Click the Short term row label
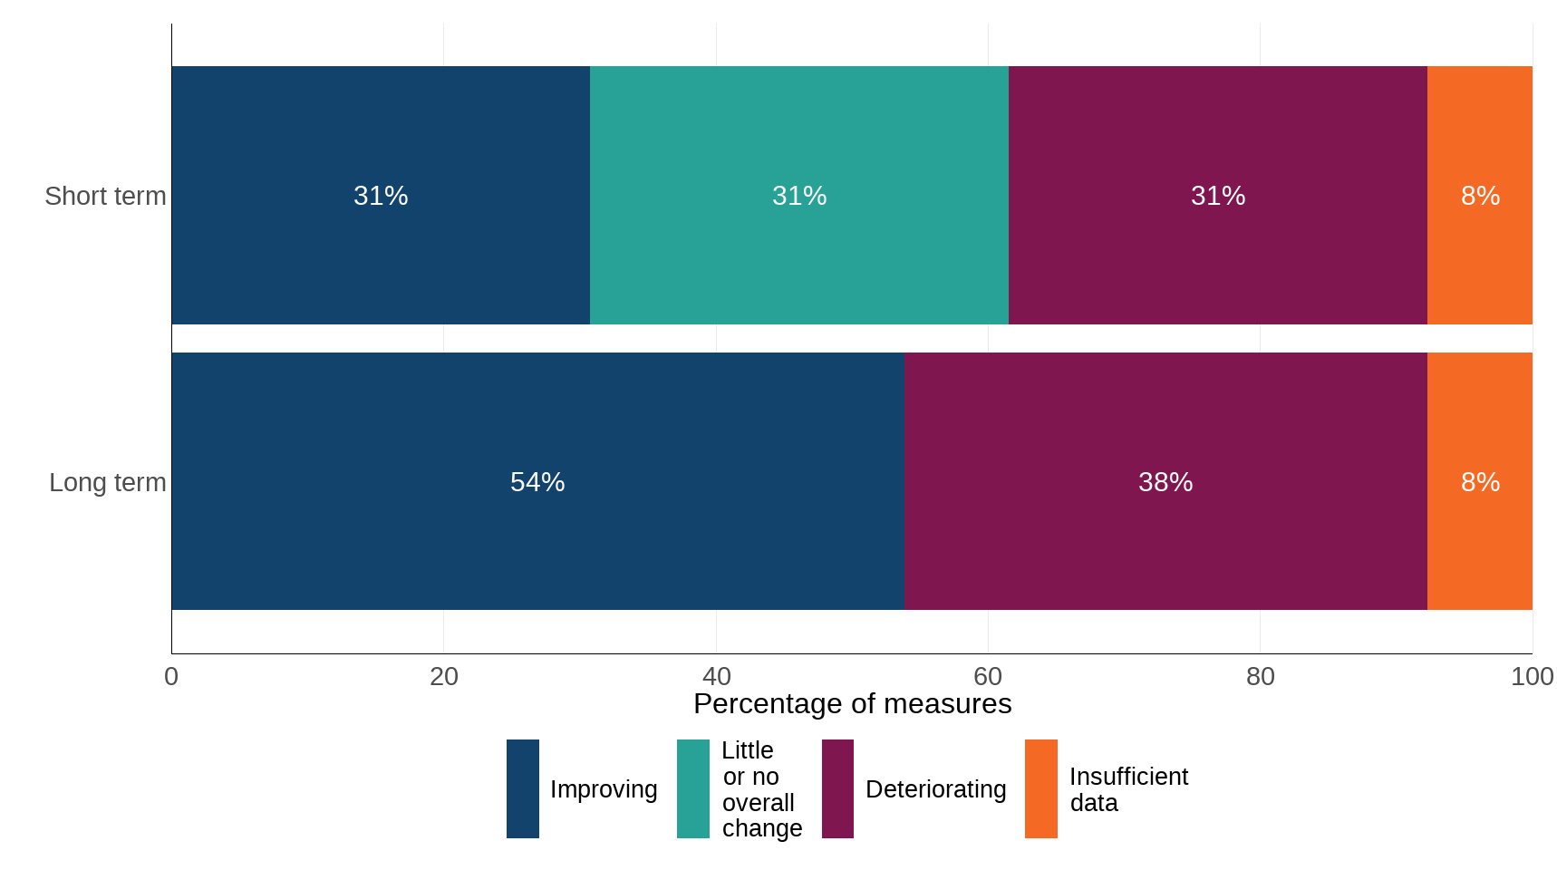pos(105,196)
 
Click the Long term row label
pos(107,482)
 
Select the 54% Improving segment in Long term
pos(537,481)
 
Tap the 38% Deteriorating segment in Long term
pos(1165,481)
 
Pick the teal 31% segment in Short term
pos(798,195)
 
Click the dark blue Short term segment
pos(381,195)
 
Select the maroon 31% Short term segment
pos(1217,195)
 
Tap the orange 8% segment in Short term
pos(1480,195)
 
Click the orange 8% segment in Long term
pos(1480,481)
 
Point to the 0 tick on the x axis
pos(171,676)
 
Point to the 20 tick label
pos(443,676)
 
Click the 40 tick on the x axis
pos(716,676)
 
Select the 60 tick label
pos(988,676)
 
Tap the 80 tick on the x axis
pos(1260,676)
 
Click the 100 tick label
pos(1532,676)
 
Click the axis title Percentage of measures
pos(852,704)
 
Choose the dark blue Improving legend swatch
pos(523,788)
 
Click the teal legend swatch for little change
pos(693,788)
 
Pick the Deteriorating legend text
pos(935,789)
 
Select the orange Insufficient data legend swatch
pos(1040,788)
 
